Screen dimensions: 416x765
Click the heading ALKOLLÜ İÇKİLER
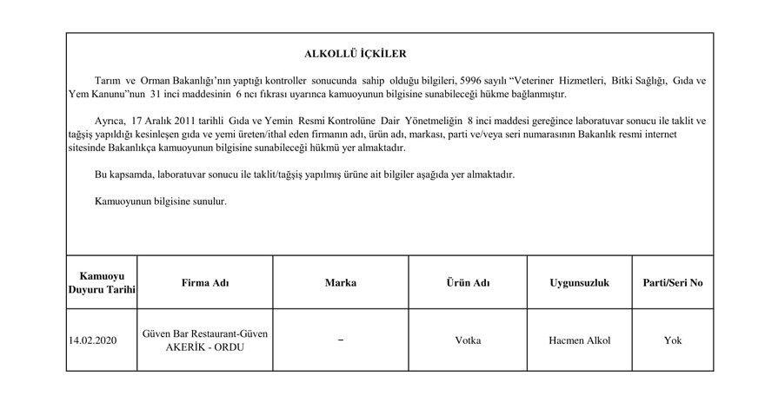[x=355, y=54]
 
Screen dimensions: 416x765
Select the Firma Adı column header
[x=205, y=283]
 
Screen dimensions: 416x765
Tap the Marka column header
[x=340, y=283]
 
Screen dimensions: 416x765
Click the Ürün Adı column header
[x=468, y=283]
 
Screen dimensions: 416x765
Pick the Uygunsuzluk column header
[x=579, y=283]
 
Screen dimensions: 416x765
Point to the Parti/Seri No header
[x=673, y=283]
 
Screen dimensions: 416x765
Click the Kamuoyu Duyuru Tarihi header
[x=102, y=283]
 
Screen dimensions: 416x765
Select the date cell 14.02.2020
[x=93, y=340]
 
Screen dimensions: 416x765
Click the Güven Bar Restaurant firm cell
[x=205, y=340]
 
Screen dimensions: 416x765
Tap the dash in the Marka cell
[x=340, y=340]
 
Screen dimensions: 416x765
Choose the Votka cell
[x=468, y=340]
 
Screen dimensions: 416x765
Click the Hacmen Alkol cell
[x=579, y=340]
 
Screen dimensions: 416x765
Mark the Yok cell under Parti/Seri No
[x=673, y=340]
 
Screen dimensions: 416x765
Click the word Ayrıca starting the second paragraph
[x=110, y=121]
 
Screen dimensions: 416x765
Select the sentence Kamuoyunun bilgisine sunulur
[x=160, y=201]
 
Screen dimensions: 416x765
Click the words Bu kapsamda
[x=123, y=175]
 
